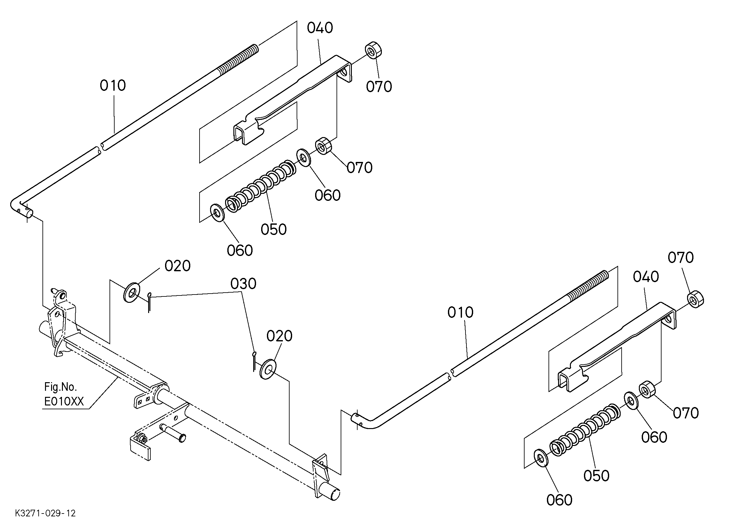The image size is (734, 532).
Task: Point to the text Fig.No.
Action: [x=61, y=387]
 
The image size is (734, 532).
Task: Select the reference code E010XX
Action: [x=64, y=401]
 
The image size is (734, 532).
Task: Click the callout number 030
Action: [x=243, y=284]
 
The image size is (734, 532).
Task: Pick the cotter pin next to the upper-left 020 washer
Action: [x=149, y=302]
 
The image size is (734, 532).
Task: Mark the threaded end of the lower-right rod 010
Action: [x=587, y=284]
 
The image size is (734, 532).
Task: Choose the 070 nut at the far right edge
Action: [x=695, y=299]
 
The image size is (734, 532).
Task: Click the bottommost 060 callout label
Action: [x=560, y=500]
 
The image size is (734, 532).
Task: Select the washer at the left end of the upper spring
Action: [x=216, y=213]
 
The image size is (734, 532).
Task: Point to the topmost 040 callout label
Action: [x=320, y=28]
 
